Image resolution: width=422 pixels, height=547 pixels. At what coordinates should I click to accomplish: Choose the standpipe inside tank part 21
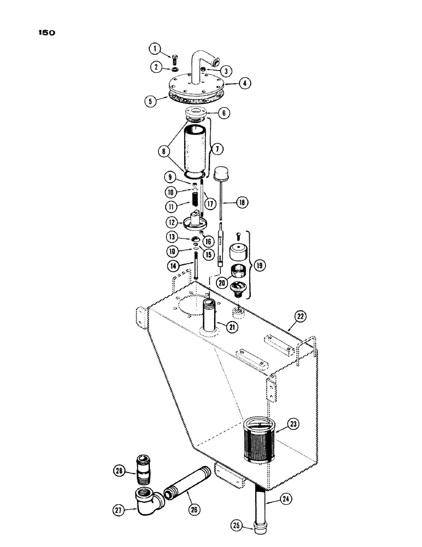point(210,319)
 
